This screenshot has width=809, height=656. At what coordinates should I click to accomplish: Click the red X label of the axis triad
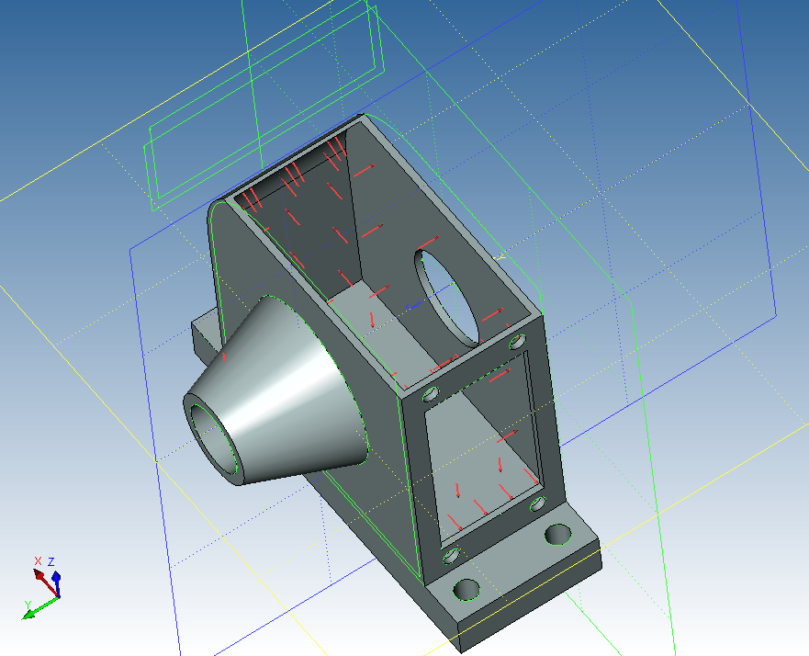coord(37,561)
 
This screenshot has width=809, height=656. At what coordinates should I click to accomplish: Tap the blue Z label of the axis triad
coord(51,561)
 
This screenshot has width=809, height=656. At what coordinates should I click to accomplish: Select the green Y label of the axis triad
coord(28,605)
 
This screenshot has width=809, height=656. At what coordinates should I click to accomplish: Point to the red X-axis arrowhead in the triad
coord(39,573)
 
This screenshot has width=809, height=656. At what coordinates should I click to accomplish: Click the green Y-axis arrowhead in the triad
coord(28,614)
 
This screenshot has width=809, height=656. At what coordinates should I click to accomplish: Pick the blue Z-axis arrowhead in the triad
coord(56,576)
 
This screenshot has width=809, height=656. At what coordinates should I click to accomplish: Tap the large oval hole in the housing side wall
coord(448,298)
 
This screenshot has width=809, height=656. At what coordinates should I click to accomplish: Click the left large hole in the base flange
coord(466,590)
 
